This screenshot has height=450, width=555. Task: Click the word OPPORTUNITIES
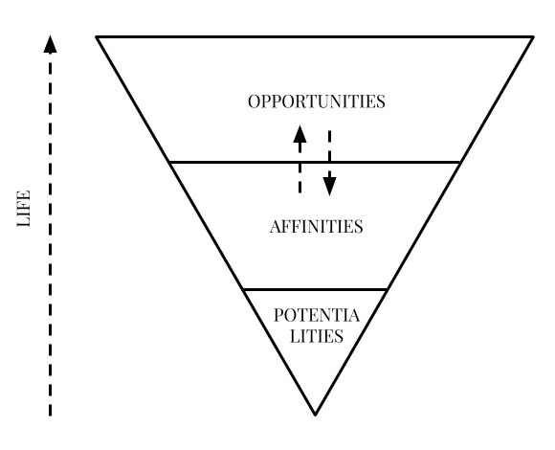[x=317, y=101]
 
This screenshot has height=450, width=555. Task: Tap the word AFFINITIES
[x=317, y=226]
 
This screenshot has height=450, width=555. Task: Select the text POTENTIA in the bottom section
[x=317, y=315]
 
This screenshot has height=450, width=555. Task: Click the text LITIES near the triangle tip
[x=317, y=336]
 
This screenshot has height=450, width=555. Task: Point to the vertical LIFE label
[x=24, y=209]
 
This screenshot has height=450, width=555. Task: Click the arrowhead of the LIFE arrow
[x=50, y=44]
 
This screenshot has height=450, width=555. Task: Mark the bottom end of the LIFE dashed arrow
[x=50, y=416]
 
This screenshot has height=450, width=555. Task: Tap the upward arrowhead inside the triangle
[x=300, y=134]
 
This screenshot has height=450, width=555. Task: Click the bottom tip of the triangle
[x=315, y=415]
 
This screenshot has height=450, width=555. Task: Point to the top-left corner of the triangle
[x=97, y=36]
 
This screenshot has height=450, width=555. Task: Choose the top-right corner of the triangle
[x=533, y=36]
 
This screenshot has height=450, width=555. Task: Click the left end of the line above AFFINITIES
[x=170, y=163]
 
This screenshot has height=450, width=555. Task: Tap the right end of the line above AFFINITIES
[x=459, y=163]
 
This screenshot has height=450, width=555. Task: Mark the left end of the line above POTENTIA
[x=244, y=290]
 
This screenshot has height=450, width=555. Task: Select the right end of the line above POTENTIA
[x=387, y=290]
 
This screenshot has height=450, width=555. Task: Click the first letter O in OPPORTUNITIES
[x=255, y=101]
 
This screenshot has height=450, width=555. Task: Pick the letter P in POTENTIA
[x=278, y=315]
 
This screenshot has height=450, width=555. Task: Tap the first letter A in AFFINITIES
[x=277, y=227]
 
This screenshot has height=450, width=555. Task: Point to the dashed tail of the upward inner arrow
[x=300, y=169]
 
